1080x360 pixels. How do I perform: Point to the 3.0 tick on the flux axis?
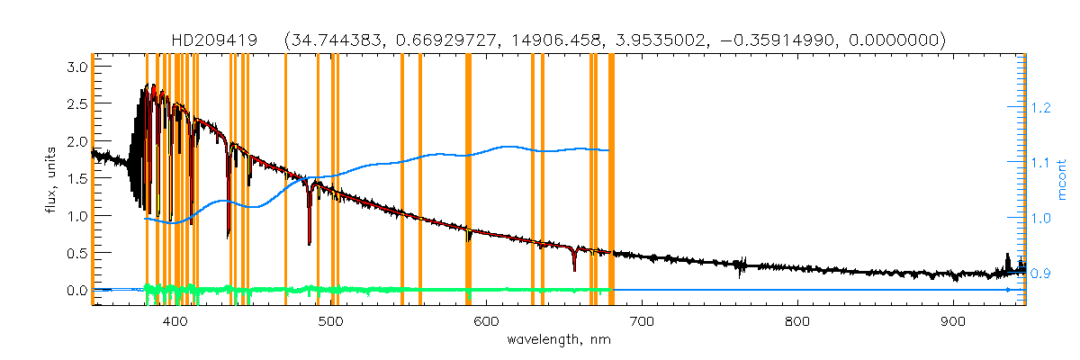point(76,67)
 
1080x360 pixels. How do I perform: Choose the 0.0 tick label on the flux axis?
point(76,291)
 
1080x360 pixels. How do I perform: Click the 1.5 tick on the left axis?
point(76,179)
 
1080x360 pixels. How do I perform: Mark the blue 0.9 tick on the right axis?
point(1041,274)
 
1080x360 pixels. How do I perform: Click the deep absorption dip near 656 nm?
point(574,267)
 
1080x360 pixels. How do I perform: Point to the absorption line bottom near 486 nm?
point(310,241)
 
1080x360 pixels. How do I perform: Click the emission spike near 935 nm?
point(1008,256)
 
